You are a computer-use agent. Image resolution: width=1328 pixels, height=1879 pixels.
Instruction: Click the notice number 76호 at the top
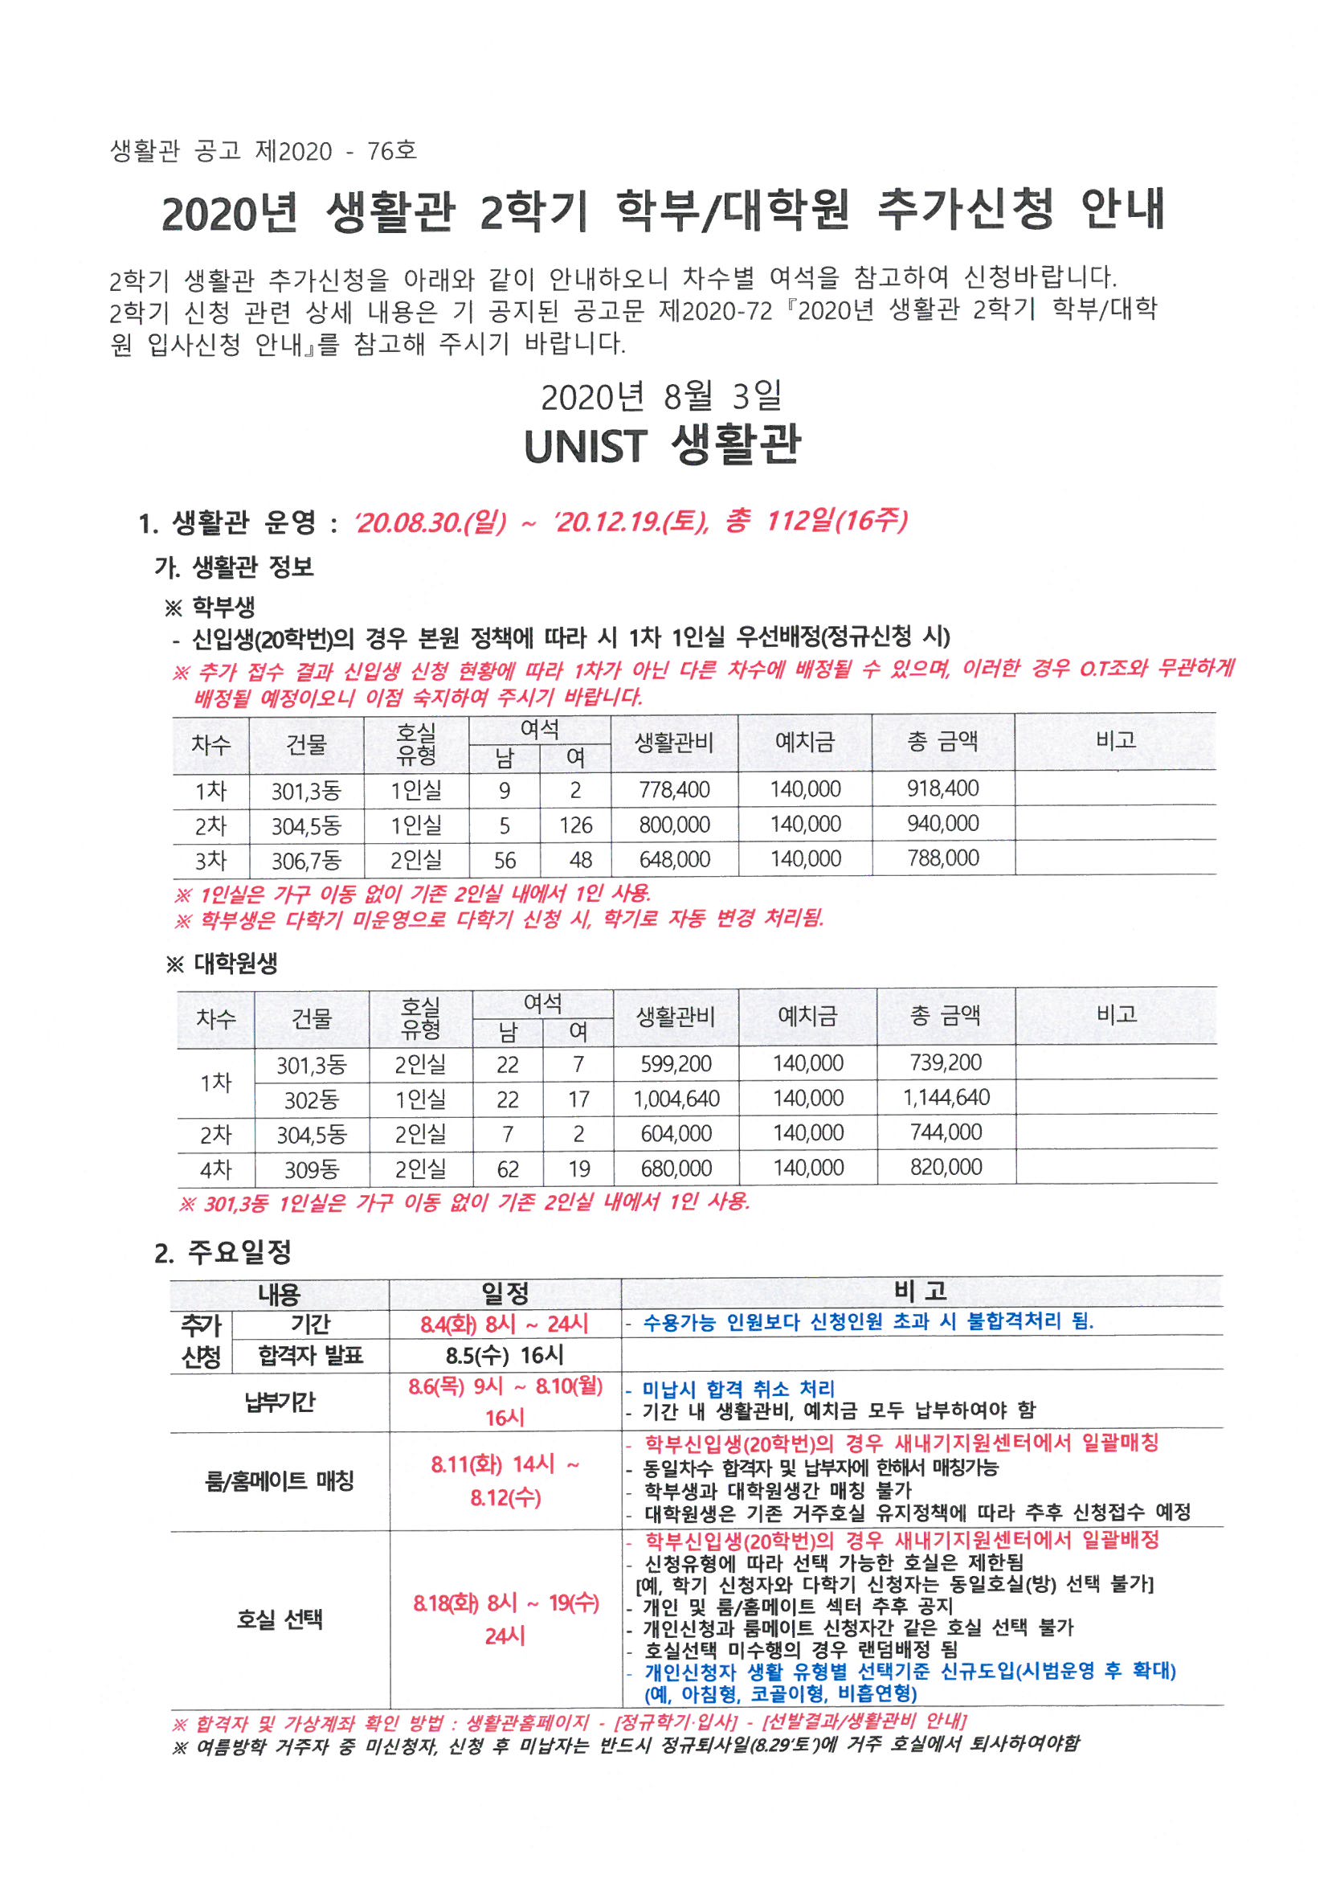pos(392,150)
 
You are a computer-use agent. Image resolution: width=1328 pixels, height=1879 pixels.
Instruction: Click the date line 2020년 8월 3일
pos(661,397)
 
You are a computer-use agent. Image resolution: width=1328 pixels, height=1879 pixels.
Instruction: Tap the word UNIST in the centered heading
pos(585,447)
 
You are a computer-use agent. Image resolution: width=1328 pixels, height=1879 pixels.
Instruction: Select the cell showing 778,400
pos(674,790)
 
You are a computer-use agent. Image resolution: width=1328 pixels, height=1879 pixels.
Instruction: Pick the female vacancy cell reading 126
pos(575,825)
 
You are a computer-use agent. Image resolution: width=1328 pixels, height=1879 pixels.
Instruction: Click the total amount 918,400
pos(942,789)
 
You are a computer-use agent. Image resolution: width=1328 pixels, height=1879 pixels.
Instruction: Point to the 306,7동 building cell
pos(306,860)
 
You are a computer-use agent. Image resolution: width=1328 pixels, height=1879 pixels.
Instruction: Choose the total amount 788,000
pos(942,858)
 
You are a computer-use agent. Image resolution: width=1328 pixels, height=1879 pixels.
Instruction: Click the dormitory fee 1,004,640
pos(676,1099)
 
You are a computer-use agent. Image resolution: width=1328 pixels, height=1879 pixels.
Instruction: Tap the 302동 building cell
pos(311,1100)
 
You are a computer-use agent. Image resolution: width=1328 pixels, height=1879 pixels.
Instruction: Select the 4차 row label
pos(216,1169)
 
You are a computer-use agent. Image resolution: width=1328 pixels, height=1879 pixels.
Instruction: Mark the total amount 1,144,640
pos(946,1098)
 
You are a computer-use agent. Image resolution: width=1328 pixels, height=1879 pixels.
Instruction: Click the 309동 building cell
pos(311,1169)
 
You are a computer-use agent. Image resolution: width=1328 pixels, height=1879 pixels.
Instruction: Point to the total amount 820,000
pos(946,1167)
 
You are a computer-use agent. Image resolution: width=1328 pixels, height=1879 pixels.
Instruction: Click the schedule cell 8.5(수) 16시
pos(505,1355)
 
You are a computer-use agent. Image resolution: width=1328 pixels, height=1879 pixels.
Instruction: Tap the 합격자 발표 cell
pos(310,1356)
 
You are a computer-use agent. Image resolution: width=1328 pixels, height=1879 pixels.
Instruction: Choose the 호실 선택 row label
pos(279,1619)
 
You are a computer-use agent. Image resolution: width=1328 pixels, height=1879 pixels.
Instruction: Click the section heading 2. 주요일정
pos(223,1252)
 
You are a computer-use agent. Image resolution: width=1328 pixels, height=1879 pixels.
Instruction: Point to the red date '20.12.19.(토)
pos(631,522)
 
